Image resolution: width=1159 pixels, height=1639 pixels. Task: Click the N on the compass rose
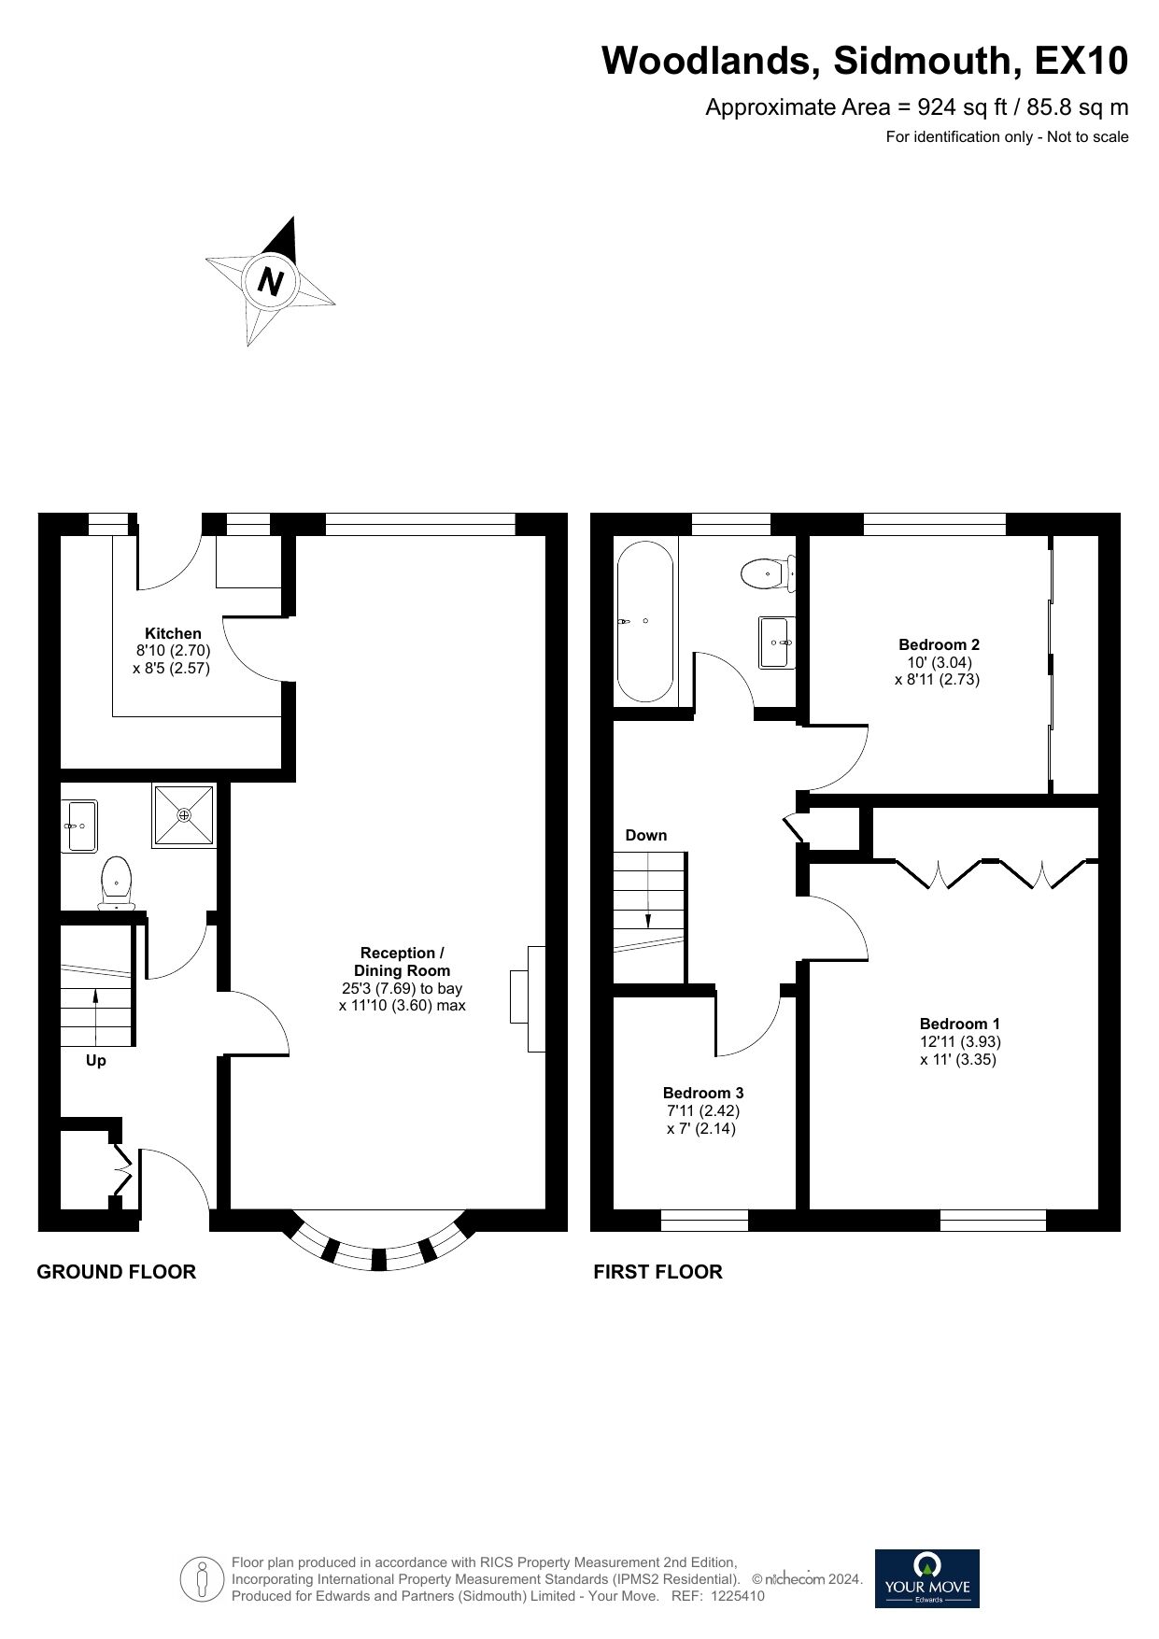pos(271,281)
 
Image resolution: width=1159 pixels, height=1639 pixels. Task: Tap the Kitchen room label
pos(173,633)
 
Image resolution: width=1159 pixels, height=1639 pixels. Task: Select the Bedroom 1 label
pos(959,1024)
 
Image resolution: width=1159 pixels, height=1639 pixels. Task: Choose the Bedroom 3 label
pos(703,1093)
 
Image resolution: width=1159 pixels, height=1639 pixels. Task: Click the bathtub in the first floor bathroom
pos(644,622)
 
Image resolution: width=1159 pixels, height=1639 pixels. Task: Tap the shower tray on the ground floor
pos(185,815)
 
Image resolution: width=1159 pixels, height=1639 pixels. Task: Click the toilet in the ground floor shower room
pos(117,883)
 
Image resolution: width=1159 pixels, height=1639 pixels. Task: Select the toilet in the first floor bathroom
pos(768,572)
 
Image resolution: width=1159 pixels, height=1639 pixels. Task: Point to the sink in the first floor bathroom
pos(776,642)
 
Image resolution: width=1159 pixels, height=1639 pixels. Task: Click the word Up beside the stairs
pos(96,1061)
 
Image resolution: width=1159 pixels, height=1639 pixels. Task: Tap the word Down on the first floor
pos(646,835)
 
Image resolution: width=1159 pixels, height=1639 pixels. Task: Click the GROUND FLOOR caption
pos(117,1272)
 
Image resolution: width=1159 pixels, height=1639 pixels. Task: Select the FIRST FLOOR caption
pos(658,1272)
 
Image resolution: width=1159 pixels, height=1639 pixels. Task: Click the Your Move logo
pos(927,1578)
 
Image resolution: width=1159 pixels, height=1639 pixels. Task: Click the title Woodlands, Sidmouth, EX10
pos(865,61)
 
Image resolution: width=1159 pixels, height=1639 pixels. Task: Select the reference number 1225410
pos(738,1596)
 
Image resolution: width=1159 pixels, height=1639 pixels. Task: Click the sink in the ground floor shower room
pos(82,826)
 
